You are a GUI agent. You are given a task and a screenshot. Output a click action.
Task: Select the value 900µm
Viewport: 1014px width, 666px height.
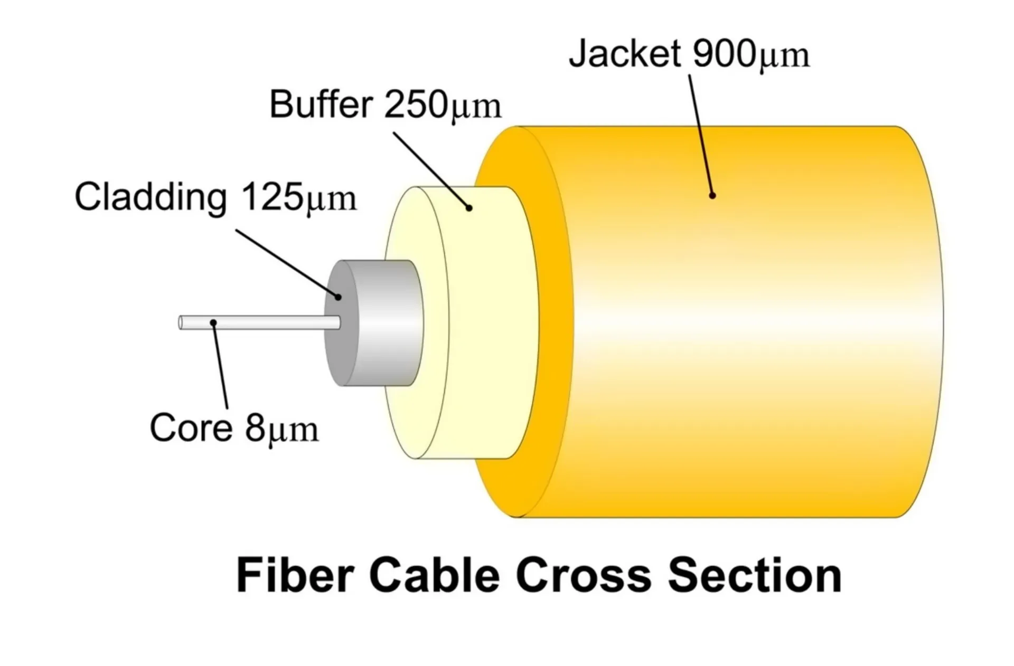750,54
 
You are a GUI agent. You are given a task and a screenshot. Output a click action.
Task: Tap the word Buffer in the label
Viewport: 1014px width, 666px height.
321,104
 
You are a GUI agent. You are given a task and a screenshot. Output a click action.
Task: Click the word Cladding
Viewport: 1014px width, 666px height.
151,197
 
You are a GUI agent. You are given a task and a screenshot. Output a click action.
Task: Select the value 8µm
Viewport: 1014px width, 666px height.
281,429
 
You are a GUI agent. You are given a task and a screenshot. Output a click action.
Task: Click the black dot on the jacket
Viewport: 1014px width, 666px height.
712,196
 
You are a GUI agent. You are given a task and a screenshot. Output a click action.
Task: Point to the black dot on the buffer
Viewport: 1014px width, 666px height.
468,208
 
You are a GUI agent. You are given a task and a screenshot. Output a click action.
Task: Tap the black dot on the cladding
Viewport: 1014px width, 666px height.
339,297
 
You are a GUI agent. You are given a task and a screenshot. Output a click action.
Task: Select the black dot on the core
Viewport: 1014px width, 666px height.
213,322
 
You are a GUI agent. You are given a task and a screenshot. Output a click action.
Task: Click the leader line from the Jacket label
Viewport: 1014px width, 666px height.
701,135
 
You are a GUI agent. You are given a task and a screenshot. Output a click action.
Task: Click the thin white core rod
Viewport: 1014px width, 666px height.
264,322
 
